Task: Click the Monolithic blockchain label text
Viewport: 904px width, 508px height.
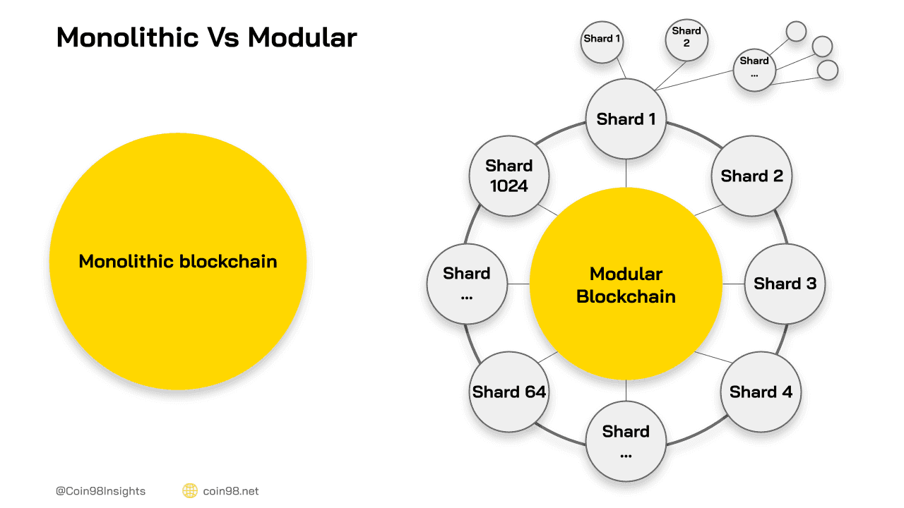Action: click(x=178, y=262)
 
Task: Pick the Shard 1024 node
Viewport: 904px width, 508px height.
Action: click(x=509, y=176)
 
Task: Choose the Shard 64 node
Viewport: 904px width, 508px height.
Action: click(x=509, y=392)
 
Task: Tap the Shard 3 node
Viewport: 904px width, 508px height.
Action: click(x=785, y=284)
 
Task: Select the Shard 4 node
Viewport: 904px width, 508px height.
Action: click(x=761, y=392)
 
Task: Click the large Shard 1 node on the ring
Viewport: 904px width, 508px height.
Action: click(x=626, y=119)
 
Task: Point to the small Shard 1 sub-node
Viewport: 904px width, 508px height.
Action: click(x=602, y=39)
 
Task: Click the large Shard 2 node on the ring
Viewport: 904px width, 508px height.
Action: click(x=752, y=176)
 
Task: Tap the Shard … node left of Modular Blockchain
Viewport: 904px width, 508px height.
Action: click(x=467, y=284)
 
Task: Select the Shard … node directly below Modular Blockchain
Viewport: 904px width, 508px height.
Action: click(x=626, y=441)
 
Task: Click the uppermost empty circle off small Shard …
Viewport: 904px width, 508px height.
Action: click(x=796, y=31)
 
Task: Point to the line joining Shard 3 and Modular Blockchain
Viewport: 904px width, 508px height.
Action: click(x=733, y=284)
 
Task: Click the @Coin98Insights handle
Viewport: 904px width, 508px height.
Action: click(x=101, y=491)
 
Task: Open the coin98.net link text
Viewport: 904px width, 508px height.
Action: click(x=231, y=491)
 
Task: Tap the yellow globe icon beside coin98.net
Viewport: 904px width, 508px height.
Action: click(x=189, y=491)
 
